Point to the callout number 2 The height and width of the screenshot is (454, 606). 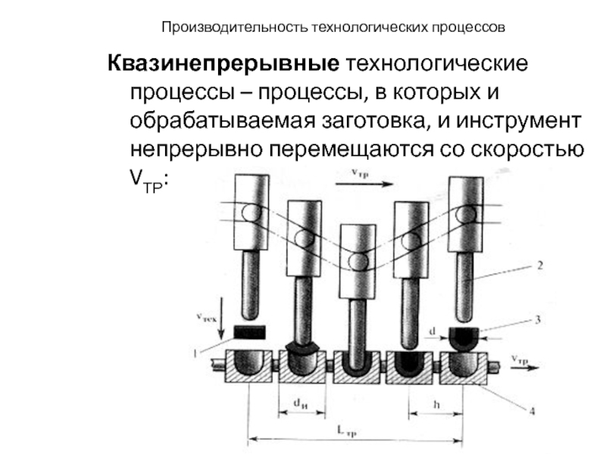tap(539, 266)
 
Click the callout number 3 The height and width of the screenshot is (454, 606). tap(539, 321)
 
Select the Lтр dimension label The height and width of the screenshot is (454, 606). tap(348, 429)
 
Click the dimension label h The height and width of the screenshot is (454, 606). tap(436, 403)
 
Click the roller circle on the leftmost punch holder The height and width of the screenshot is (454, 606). tap(249, 214)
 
